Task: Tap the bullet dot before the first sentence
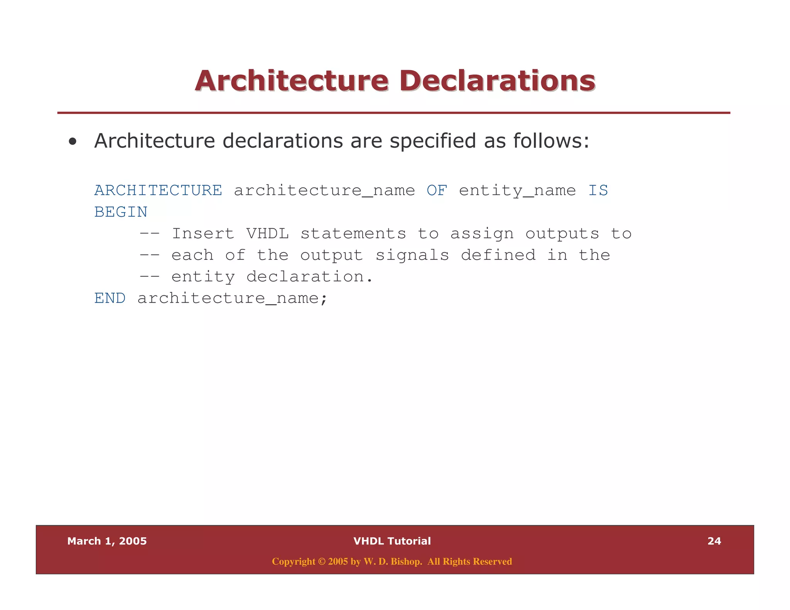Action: [72, 142]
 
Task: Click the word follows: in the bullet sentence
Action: [551, 141]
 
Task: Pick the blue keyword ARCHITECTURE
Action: [158, 190]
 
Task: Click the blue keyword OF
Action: [437, 190]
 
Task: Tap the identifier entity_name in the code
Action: [517, 190]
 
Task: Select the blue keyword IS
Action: [598, 190]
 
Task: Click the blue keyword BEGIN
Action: [121, 212]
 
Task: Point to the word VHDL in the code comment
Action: [267, 234]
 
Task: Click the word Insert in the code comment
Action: [203, 234]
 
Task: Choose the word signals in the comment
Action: [412, 255]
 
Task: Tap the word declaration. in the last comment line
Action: [309, 277]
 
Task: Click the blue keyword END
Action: [110, 298]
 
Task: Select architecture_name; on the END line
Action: [232, 298]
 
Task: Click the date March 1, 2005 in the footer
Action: [107, 541]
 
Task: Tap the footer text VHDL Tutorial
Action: [392, 541]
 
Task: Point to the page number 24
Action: [714, 541]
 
